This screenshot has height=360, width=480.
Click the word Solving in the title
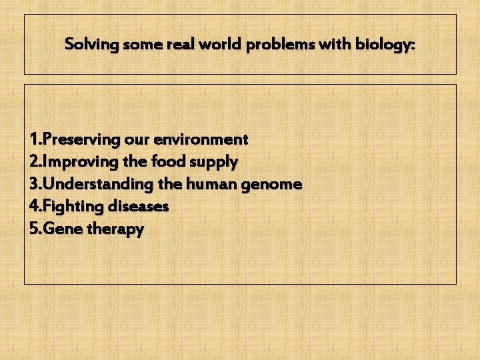pyautogui.click(x=91, y=45)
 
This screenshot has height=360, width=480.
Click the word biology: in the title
pyautogui.click(x=385, y=45)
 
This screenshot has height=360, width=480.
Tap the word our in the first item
pyautogui.click(x=136, y=139)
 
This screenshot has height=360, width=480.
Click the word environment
pyautogui.click(x=201, y=139)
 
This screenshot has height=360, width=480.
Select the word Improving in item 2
pyautogui.click(x=78, y=162)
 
